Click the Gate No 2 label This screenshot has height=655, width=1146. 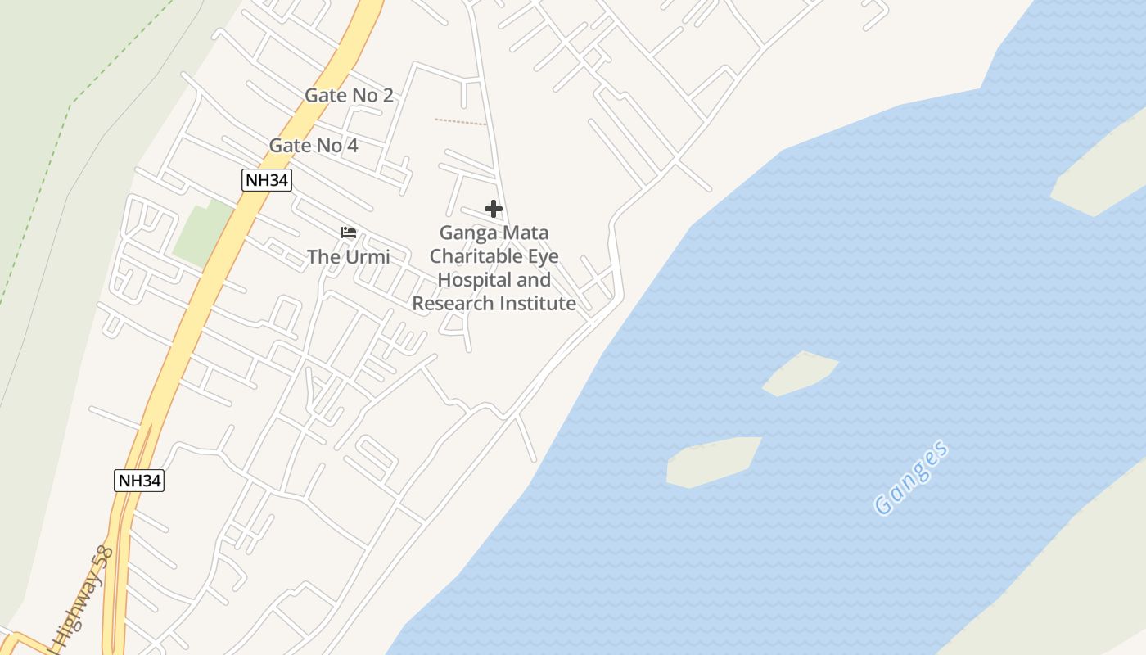[x=349, y=95]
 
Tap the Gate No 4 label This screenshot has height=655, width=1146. [x=314, y=146]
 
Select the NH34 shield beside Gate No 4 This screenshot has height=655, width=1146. [x=267, y=180]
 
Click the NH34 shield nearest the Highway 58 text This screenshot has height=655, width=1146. [x=139, y=481]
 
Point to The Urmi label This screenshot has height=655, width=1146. [x=348, y=257]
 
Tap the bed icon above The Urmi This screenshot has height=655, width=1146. [x=349, y=233]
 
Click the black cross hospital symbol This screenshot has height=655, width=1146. [x=493, y=209]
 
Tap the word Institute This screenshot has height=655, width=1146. [x=536, y=304]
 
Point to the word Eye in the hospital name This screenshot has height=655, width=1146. [x=544, y=256]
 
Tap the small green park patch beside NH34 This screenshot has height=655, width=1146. [x=198, y=233]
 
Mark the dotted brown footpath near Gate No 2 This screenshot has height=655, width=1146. [x=460, y=122]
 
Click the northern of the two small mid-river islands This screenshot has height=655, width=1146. [x=801, y=373]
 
